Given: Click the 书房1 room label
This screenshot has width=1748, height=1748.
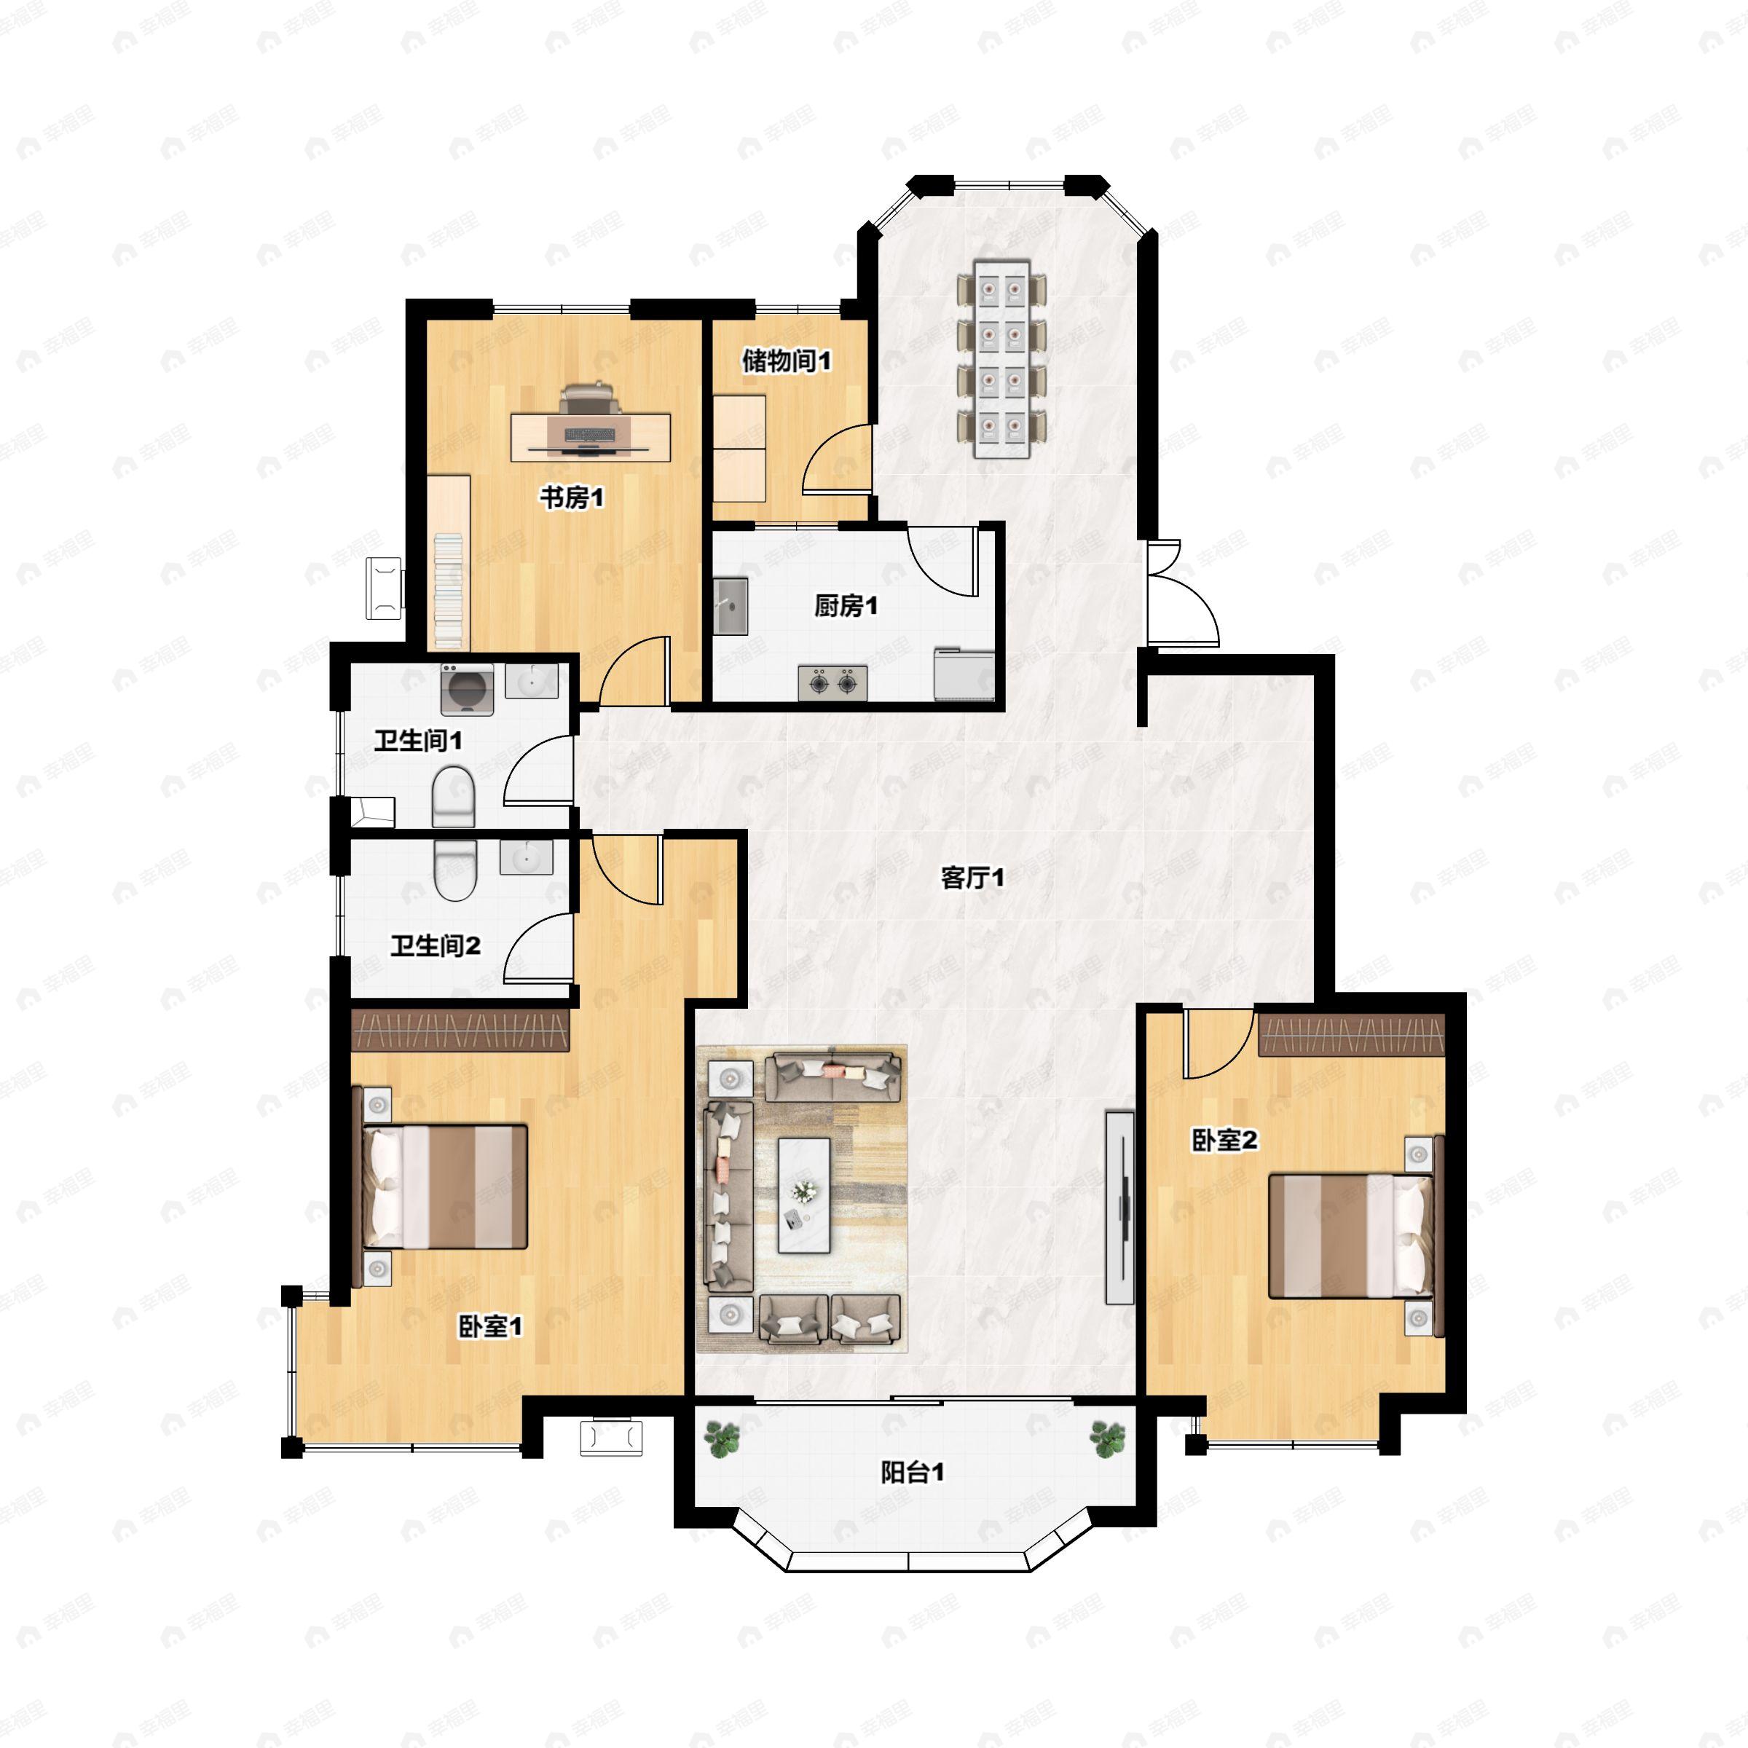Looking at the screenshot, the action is (572, 497).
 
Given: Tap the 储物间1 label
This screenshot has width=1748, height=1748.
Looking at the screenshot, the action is (787, 361).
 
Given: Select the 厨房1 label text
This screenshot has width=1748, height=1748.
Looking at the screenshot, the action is (846, 605).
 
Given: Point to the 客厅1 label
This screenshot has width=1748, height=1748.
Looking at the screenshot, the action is (972, 878).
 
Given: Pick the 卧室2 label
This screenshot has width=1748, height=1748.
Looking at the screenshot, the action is (1224, 1140).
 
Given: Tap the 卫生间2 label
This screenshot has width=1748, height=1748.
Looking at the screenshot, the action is (436, 946).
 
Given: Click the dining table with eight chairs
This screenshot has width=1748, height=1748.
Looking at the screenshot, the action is (1001, 359).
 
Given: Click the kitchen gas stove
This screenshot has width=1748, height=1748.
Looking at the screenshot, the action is (832, 682).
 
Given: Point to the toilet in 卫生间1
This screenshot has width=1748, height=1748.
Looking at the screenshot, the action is (453, 797).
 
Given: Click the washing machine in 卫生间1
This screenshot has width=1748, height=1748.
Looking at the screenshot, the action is (467, 690).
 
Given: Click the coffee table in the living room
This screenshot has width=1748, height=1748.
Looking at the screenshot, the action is (804, 1195).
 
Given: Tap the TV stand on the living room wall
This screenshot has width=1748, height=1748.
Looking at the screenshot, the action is (1120, 1207).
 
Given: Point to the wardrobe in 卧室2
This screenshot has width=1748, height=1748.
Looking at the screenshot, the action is (1352, 1035).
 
